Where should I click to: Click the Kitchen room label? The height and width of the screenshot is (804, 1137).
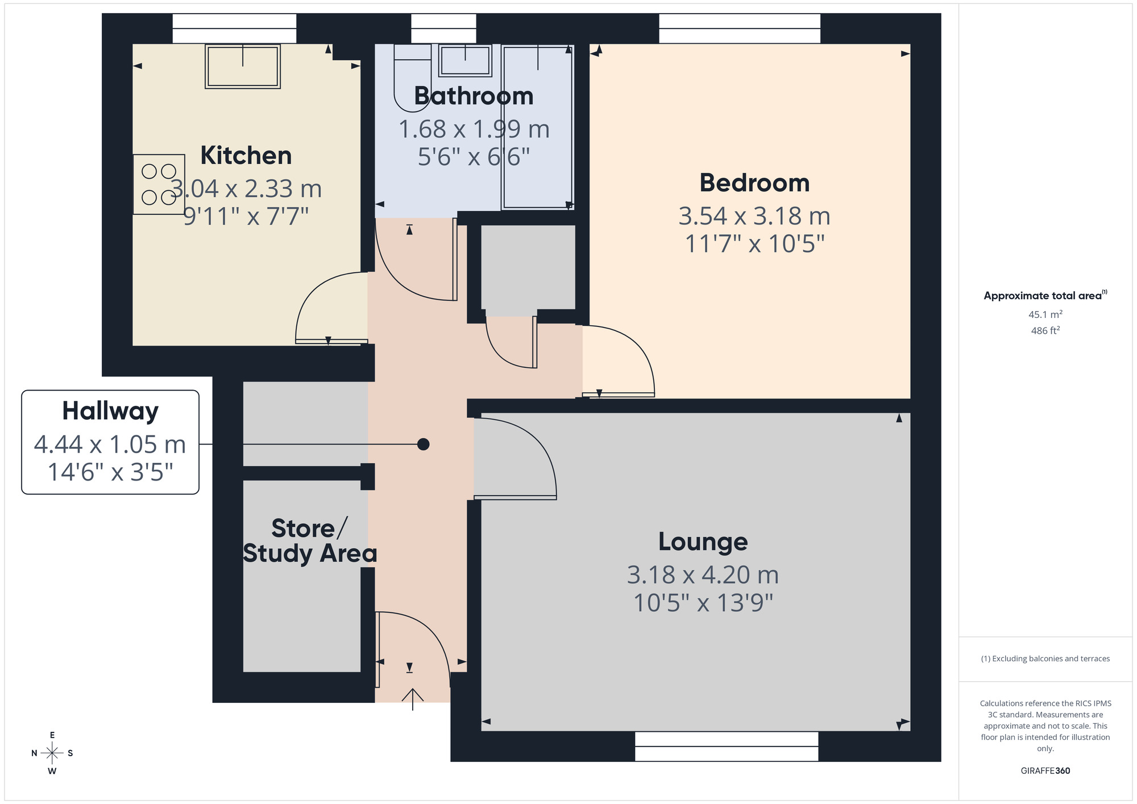point(246,156)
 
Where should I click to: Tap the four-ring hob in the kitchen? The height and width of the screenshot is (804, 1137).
point(159,184)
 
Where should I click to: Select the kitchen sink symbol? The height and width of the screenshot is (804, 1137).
point(243,67)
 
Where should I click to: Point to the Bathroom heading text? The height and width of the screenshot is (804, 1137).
point(474,96)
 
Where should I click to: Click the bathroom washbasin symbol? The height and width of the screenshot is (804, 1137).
point(465,60)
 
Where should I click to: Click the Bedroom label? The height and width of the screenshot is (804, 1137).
point(754,183)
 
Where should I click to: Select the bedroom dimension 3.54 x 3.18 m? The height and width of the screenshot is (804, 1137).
point(754,216)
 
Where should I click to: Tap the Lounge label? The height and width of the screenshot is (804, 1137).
point(703,542)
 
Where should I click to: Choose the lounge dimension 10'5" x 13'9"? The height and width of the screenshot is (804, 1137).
point(703,603)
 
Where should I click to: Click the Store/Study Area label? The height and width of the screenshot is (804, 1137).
point(309,541)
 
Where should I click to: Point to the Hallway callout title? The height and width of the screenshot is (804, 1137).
point(110,411)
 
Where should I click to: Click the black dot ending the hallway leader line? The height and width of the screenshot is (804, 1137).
point(423,444)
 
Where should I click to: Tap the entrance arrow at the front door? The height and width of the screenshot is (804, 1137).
point(413,698)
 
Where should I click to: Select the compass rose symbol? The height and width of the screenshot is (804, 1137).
point(52,753)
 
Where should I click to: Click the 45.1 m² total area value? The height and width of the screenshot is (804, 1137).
point(1045,314)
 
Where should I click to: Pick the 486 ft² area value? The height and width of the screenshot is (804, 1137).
point(1045,330)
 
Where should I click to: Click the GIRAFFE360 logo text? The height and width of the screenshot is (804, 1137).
point(1045,771)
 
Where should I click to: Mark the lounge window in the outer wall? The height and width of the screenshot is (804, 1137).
point(726,746)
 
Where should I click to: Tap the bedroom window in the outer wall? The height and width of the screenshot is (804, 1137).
point(739,28)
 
